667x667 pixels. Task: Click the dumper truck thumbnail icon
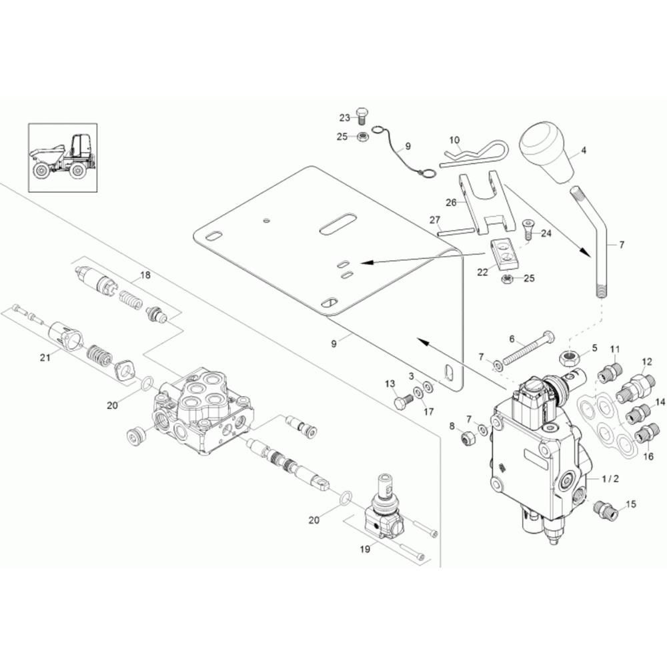(63, 158)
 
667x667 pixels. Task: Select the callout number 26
(451, 203)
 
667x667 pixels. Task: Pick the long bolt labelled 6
(528, 348)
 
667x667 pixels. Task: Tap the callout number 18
(145, 275)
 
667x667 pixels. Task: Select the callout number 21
(45, 358)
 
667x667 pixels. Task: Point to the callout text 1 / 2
(610, 479)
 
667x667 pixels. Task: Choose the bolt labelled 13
(404, 402)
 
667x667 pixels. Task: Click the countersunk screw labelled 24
(528, 229)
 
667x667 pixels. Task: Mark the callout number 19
(365, 549)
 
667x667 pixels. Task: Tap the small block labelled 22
(506, 254)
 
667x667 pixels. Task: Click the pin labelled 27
(456, 231)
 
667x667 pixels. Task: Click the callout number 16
(648, 456)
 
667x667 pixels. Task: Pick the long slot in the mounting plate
(338, 223)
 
